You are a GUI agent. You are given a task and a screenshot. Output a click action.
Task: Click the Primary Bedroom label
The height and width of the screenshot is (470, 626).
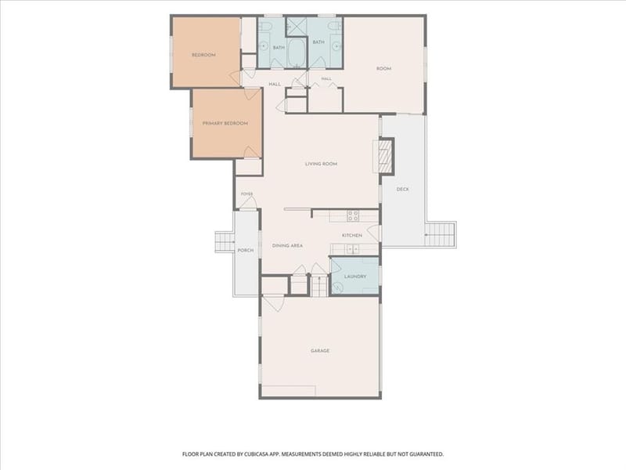(x=225, y=123)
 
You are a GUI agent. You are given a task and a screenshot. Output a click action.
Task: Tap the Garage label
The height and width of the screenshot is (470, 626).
(x=320, y=350)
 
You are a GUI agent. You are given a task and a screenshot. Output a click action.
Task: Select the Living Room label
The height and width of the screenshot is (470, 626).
(x=321, y=164)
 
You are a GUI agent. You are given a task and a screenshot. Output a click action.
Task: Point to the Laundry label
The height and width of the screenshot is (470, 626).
(x=355, y=277)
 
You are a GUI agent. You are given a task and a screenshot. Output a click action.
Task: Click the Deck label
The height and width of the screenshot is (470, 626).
(x=402, y=189)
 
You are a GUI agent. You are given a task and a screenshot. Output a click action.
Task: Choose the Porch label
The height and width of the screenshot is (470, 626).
(x=246, y=250)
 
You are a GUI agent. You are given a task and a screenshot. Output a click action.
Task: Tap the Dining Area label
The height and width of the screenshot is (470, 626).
(x=287, y=245)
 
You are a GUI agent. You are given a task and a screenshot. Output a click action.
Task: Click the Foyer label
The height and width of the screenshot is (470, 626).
(x=246, y=193)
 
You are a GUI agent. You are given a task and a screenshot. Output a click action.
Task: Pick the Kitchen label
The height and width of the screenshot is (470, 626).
(x=352, y=236)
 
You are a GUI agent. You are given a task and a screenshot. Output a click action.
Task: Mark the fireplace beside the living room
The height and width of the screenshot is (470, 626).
(x=384, y=155)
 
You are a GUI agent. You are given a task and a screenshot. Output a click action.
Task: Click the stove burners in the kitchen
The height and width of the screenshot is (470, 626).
(x=353, y=216)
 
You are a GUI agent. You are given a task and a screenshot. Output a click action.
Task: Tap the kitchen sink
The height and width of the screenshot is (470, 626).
(x=352, y=248)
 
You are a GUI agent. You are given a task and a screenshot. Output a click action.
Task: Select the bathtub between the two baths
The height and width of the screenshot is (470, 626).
(x=297, y=52)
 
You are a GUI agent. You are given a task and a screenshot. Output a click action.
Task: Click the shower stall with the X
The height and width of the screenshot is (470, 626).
(x=297, y=27)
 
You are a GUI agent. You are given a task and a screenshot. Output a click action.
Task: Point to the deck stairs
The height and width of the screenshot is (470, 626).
(x=440, y=234)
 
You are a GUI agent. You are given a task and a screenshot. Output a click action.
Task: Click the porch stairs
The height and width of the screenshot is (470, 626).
(x=225, y=242)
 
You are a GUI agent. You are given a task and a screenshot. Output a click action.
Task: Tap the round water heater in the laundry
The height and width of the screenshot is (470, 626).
(x=338, y=287)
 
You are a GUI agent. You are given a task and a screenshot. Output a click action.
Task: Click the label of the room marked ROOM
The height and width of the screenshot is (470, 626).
(x=383, y=69)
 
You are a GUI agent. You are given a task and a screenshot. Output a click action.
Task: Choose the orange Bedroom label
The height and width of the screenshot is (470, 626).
(x=203, y=55)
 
